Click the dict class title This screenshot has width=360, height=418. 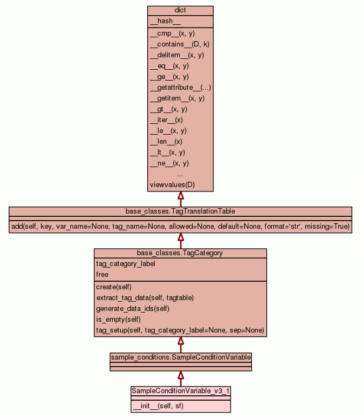click(180, 10)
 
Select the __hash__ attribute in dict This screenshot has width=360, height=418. click(161, 21)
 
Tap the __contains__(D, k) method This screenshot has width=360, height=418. click(179, 44)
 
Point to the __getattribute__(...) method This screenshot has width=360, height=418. click(180, 88)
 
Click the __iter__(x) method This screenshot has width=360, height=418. click(166, 120)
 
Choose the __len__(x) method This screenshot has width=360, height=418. click(166, 142)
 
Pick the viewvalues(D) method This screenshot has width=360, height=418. click(172, 185)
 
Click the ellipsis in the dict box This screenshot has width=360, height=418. click(180, 174)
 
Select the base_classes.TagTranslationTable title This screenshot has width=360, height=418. click(180, 211)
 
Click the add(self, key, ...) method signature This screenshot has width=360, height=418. click(180, 226)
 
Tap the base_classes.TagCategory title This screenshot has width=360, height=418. click(180, 253)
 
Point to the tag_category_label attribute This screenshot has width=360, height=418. click(126, 264)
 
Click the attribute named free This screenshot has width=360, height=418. click(102, 275)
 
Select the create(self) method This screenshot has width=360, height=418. click(114, 287)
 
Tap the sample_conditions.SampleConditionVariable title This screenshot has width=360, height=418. click(180, 357)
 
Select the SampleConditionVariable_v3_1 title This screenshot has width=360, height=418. click(181, 390)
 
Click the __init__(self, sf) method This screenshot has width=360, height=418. click(158, 406)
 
